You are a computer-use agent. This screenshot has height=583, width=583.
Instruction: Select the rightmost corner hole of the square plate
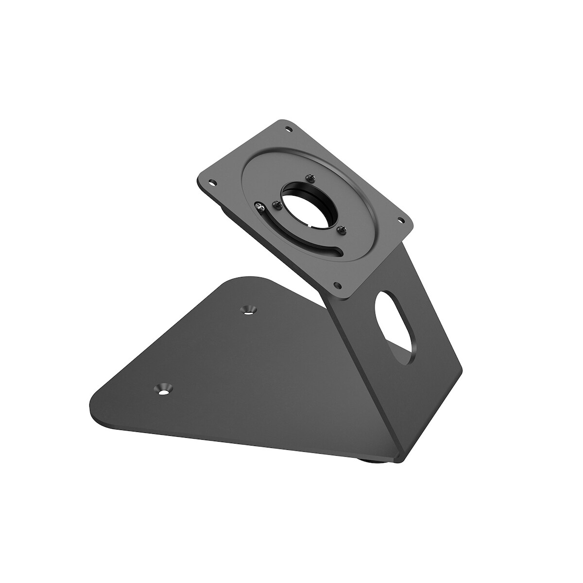pos(401,220)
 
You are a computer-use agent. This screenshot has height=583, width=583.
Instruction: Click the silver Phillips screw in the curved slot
pos(261,208)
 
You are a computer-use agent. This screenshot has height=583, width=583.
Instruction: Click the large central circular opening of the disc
pos(307,205)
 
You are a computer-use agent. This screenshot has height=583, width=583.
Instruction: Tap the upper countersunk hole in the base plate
pos(250,309)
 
